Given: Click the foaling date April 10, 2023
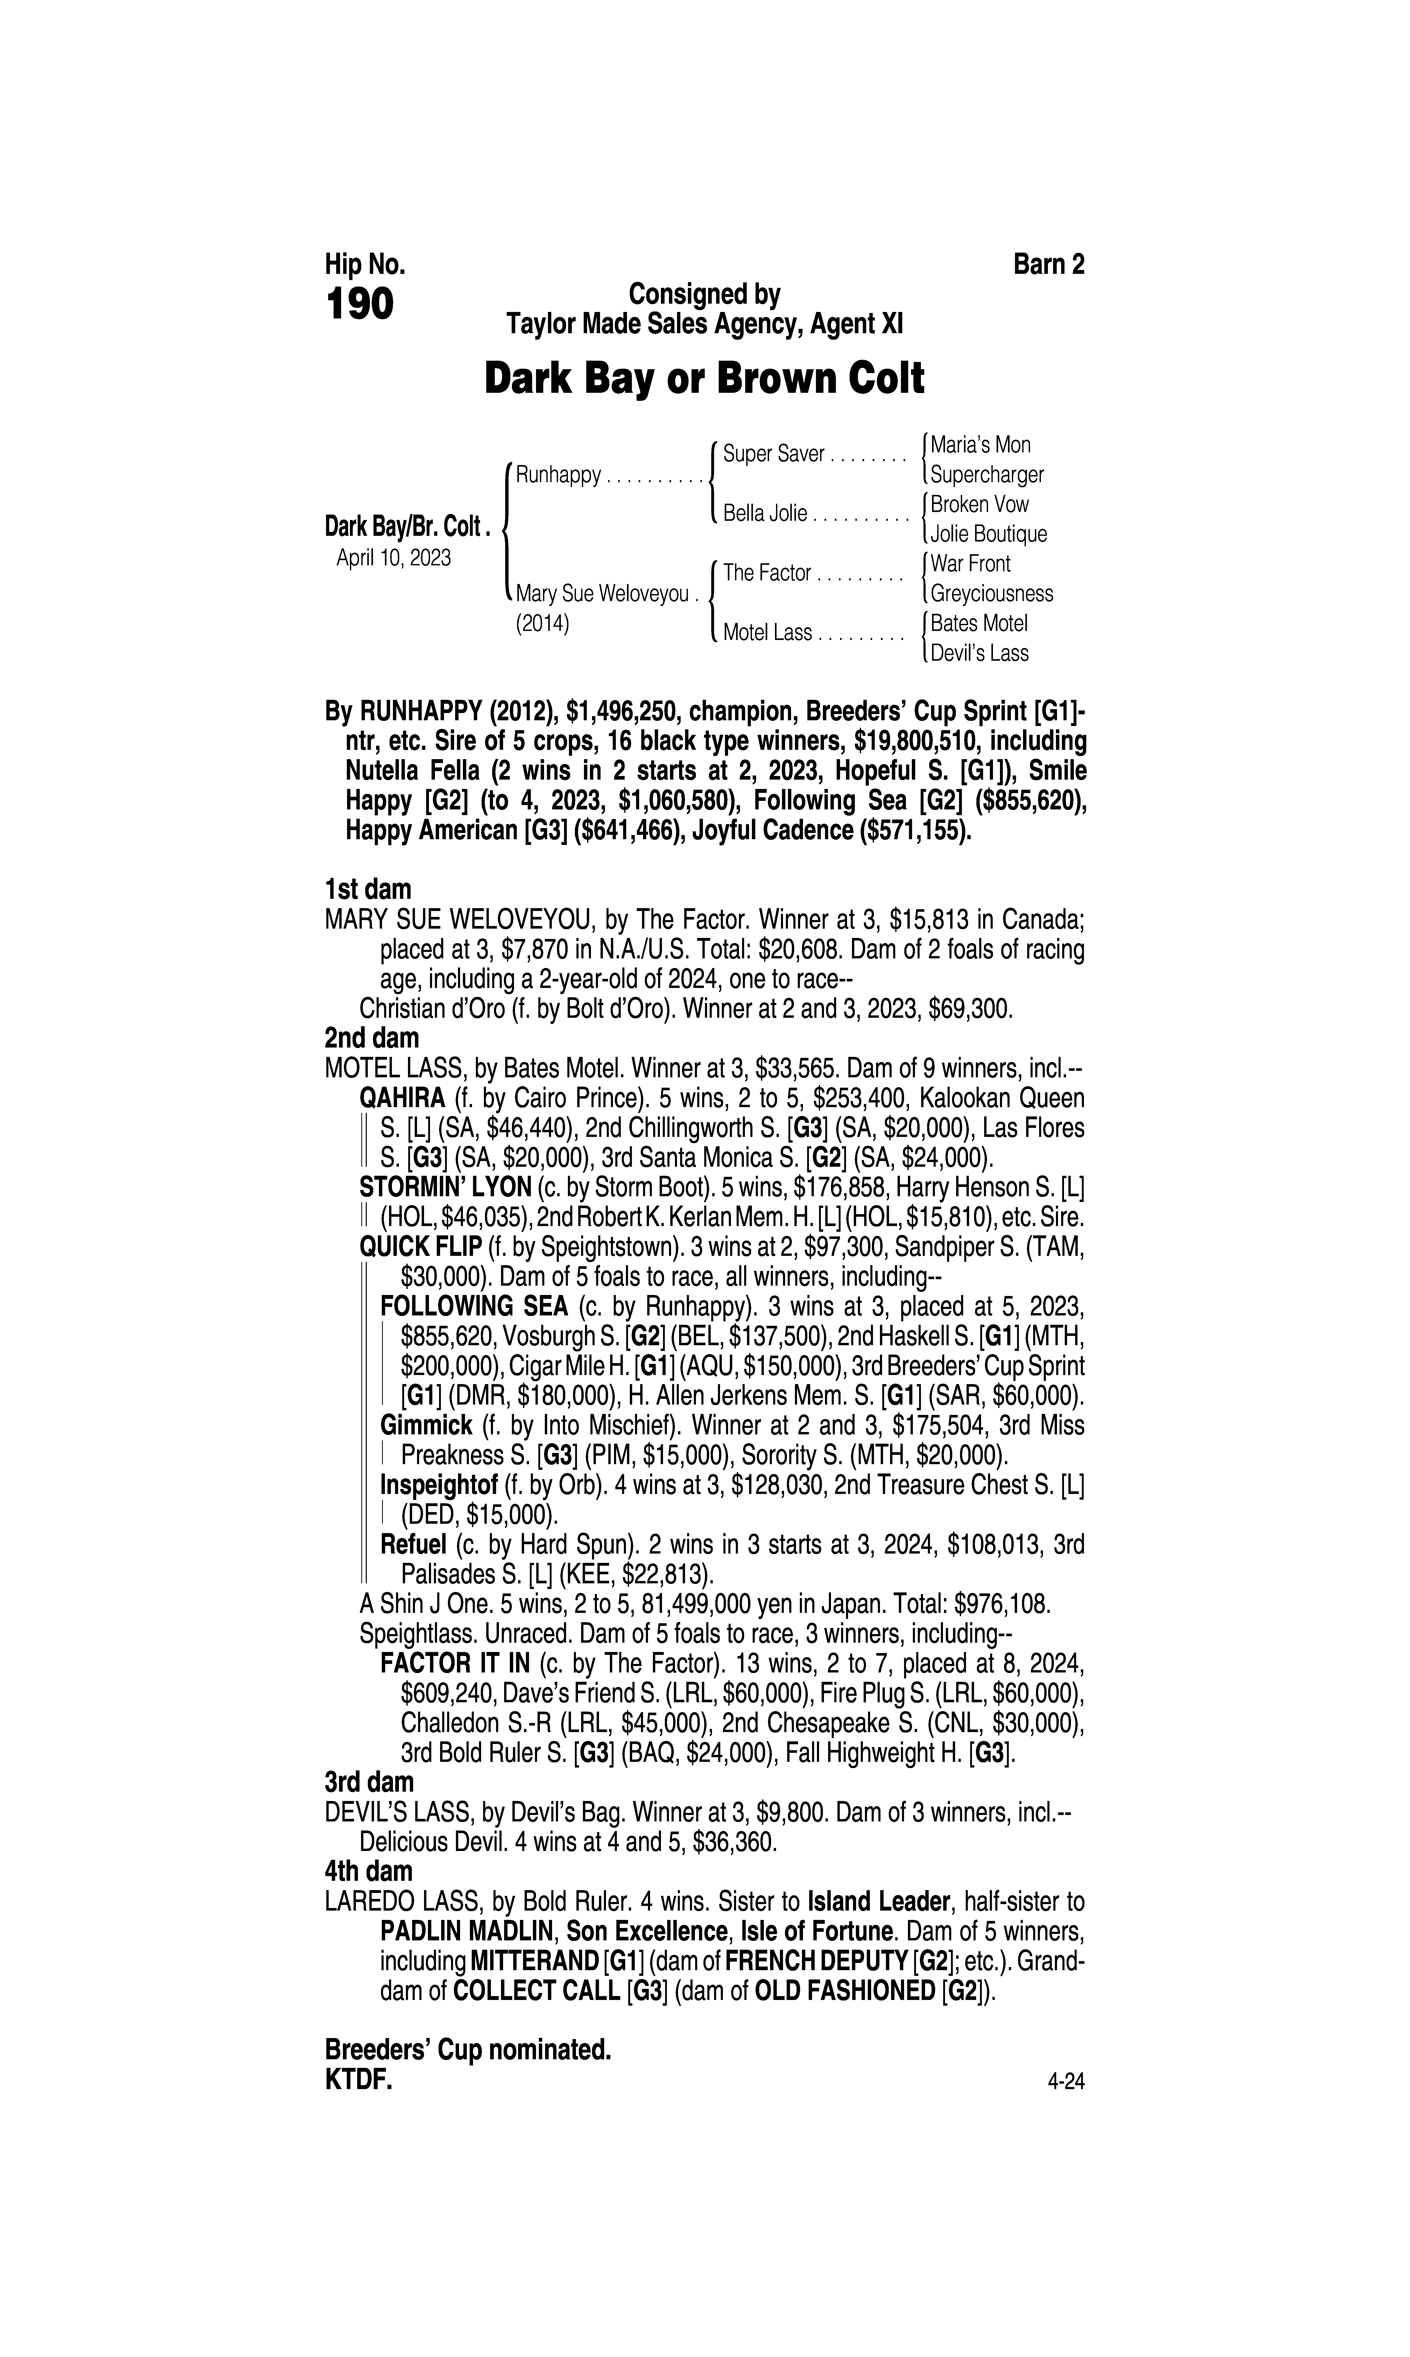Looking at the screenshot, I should (393, 557).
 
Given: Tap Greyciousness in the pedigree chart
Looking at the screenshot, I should (991, 594).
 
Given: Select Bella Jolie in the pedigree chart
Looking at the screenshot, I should (765, 514).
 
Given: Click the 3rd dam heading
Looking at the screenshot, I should (370, 1783).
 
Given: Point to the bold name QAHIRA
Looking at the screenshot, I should (402, 1099).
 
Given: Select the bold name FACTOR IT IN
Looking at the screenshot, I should (455, 1664).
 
